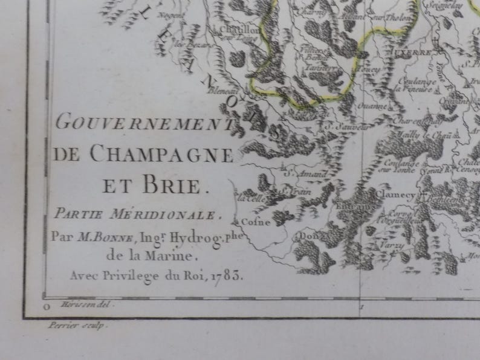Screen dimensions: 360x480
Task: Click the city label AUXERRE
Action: click(x=414, y=53)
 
